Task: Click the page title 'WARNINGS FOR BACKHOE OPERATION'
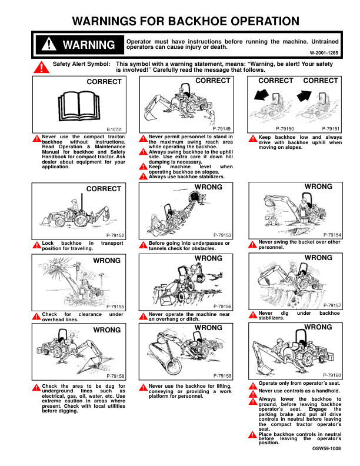point(185,22)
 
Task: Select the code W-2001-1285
point(324,53)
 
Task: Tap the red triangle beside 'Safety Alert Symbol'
point(42,67)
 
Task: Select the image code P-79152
point(115,235)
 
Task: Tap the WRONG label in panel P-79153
point(208,187)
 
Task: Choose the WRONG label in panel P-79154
point(318,187)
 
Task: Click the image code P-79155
point(115,307)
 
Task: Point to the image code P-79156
point(222,307)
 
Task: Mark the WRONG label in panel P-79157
point(318,258)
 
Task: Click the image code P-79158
point(115,376)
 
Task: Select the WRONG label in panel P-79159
point(208,327)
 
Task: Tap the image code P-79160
point(332,375)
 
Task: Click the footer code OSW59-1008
point(326,449)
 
